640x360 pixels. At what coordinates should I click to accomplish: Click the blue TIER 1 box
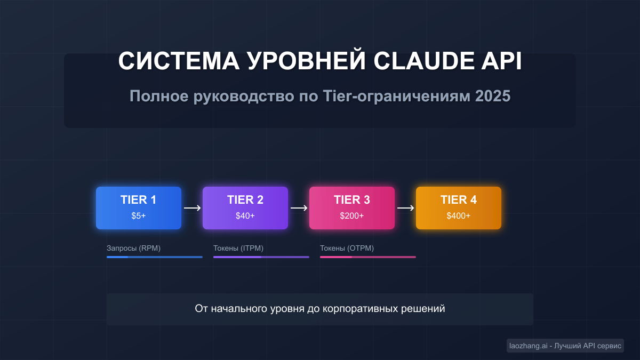tap(139, 207)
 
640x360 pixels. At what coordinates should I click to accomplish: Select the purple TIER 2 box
tap(245, 207)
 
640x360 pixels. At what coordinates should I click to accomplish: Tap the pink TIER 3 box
tap(352, 207)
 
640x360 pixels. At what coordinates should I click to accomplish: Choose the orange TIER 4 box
tap(459, 207)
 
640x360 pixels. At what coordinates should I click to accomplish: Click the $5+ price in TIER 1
tap(139, 216)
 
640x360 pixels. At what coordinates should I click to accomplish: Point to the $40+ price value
tap(245, 216)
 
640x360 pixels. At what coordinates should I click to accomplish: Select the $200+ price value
tap(352, 216)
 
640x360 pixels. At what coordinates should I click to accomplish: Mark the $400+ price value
tap(459, 216)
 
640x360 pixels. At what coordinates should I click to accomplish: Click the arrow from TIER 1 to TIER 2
tap(192, 208)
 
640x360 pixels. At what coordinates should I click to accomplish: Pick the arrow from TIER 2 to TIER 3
tap(299, 208)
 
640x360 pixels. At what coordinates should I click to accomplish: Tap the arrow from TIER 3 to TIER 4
tap(405, 208)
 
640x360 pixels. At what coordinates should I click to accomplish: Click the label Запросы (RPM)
tap(133, 249)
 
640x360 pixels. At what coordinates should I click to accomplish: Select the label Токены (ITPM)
tap(238, 249)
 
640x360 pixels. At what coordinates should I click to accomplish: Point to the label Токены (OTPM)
tap(347, 249)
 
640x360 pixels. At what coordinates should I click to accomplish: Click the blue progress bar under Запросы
tap(155, 257)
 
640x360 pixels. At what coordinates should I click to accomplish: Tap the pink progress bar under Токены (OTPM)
tap(368, 257)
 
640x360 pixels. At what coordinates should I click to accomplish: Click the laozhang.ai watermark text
tap(528, 346)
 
